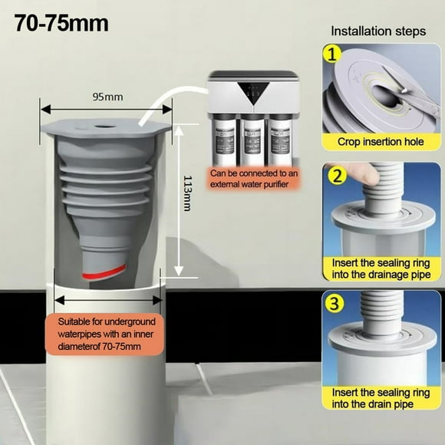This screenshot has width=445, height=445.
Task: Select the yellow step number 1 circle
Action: [x=331, y=54]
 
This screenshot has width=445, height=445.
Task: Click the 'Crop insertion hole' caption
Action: [x=381, y=142]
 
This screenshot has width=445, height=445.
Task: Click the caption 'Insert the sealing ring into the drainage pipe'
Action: [x=381, y=269]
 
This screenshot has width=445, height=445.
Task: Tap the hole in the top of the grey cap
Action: [x=106, y=124]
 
